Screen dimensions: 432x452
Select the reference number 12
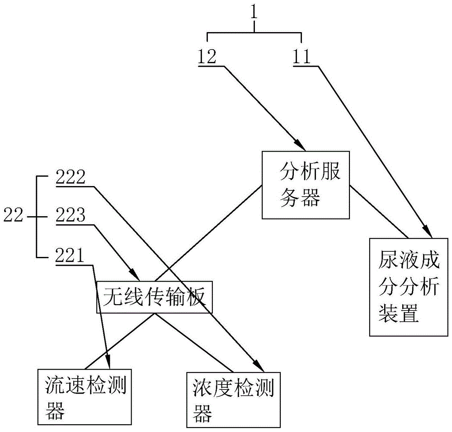coord(207,56)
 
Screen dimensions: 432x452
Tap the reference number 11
coord(301,56)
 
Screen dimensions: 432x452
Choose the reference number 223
coord(71,216)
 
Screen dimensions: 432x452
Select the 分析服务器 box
coord(306,185)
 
